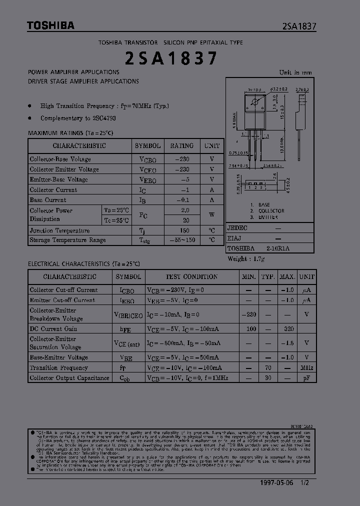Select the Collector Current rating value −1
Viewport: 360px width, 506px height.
(x=185, y=190)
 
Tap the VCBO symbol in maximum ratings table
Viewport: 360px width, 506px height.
(x=147, y=159)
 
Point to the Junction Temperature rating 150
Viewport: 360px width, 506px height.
(x=185, y=230)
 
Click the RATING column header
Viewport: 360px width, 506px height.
(x=182, y=145)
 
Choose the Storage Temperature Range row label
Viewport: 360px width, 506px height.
(x=67, y=240)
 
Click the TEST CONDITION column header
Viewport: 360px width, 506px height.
(x=191, y=276)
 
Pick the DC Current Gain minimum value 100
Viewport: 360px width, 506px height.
(x=251, y=328)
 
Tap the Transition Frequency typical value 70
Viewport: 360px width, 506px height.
(x=268, y=367)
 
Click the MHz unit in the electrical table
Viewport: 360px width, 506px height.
(x=306, y=367)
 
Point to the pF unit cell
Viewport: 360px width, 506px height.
(x=306, y=378)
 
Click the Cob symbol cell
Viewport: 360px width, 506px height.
(x=127, y=378)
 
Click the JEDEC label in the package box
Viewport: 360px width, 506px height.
(x=237, y=227)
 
